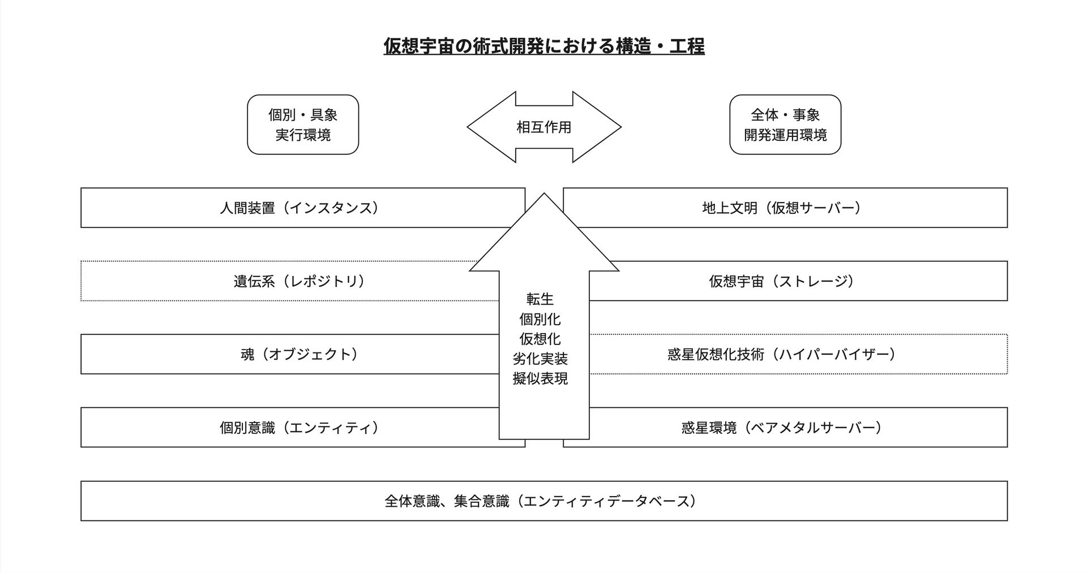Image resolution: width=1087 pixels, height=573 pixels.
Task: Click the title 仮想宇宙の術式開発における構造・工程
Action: (x=543, y=46)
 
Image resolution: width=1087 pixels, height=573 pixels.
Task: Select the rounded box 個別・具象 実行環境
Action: (x=303, y=124)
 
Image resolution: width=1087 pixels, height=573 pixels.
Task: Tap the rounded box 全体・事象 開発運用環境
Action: (x=785, y=124)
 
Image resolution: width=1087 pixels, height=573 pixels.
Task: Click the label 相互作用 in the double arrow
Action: (x=543, y=127)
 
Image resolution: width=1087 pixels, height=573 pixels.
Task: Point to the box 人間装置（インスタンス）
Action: (x=299, y=208)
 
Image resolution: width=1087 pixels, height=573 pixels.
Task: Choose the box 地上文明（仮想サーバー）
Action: (x=781, y=208)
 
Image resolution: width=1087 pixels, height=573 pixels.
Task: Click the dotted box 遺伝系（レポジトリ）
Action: (x=299, y=281)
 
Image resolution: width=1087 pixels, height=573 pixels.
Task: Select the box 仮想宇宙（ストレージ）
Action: (x=781, y=281)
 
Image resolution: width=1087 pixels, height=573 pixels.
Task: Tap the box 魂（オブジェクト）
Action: (x=299, y=354)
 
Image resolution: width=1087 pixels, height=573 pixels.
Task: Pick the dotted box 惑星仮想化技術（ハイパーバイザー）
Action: (x=781, y=354)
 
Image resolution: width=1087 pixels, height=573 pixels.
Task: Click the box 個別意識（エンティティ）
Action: (x=299, y=428)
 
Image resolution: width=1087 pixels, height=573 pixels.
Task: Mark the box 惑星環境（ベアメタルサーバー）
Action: (x=781, y=428)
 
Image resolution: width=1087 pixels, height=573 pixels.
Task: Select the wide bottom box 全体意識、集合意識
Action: (x=543, y=501)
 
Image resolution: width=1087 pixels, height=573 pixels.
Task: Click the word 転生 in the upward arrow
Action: (x=540, y=299)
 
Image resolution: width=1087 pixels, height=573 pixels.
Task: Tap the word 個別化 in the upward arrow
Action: (x=540, y=319)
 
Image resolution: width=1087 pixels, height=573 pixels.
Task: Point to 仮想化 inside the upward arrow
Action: (x=540, y=339)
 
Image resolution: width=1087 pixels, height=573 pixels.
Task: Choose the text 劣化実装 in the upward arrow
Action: (x=540, y=359)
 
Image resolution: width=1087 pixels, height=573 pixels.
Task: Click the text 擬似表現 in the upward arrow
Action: (x=540, y=378)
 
